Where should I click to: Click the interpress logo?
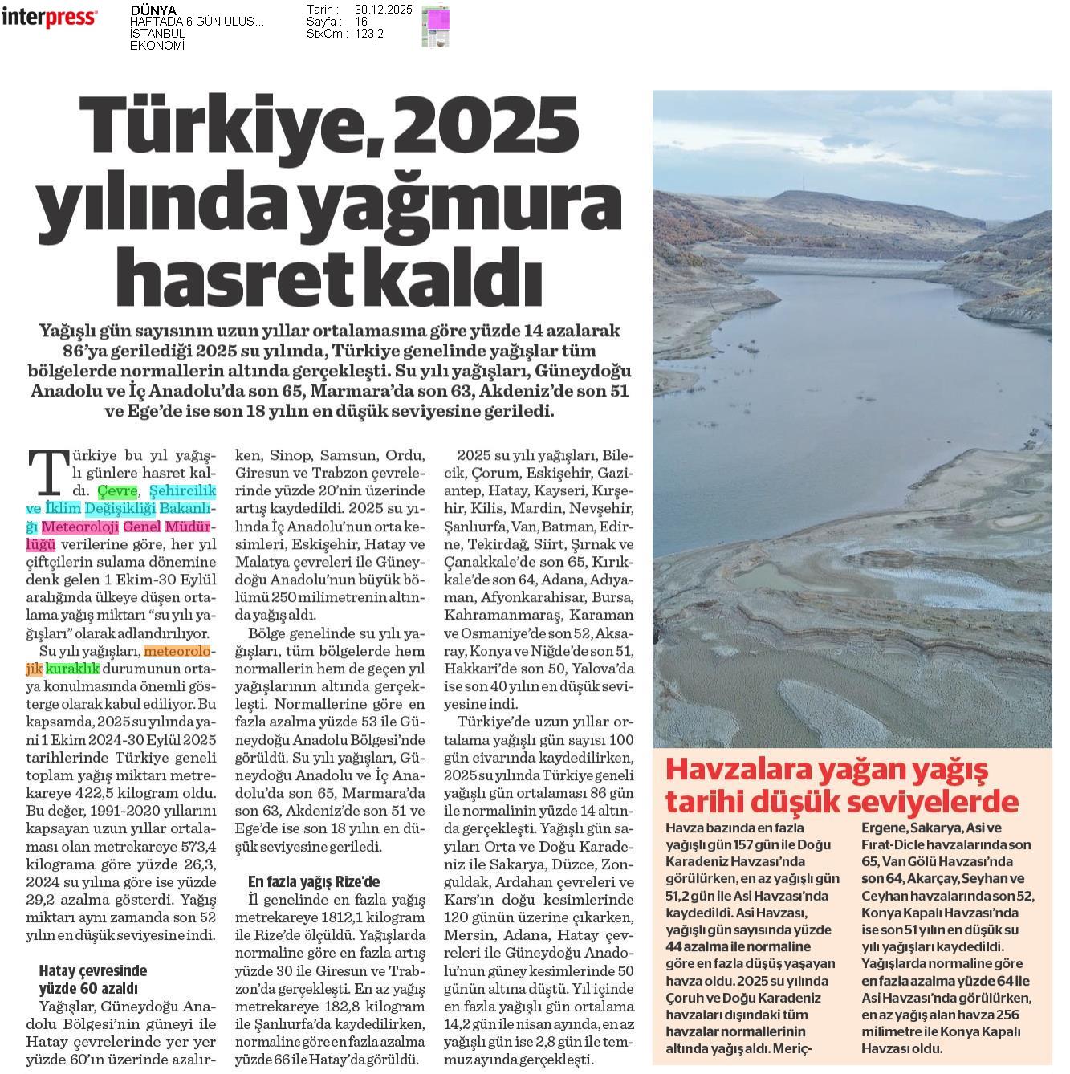(x=49, y=18)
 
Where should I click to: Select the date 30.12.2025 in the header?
(x=383, y=10)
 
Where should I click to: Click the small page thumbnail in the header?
(x=435, y=26)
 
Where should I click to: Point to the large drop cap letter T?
(x=47, y=473)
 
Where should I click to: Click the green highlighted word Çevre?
(x=117, y=490)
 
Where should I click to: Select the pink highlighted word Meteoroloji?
(x=80, y=527)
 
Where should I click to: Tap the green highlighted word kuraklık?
(x=72, y=668)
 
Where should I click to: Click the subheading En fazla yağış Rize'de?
(x=314, y=881)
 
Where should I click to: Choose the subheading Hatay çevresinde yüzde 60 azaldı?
(x=92, y=979)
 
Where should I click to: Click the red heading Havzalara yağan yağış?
(x=827, y=770)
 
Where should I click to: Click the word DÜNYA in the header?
(x=153, y=10)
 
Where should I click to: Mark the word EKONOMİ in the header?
(x=157, y=46)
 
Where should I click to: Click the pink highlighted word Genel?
(x=141, y=527)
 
